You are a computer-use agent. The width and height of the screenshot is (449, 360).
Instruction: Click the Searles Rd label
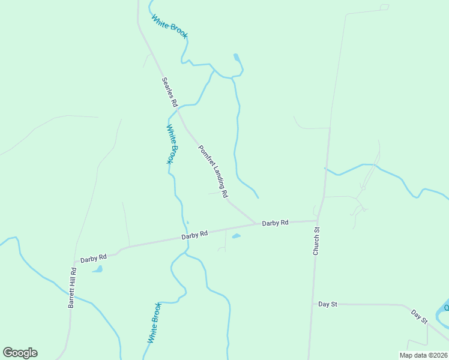point(170,92)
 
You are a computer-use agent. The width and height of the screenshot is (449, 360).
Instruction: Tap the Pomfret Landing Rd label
point(213,172)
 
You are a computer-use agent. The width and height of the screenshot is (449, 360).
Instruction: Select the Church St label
point(316,241)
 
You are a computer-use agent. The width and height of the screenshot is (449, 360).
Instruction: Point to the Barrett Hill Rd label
point(72,287)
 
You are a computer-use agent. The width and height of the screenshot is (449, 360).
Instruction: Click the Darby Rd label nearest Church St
point(275,223)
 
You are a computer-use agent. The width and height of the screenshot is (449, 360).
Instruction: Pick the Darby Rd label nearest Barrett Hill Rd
point(93,257)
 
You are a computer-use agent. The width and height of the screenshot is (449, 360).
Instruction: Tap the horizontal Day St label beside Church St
point(328,304)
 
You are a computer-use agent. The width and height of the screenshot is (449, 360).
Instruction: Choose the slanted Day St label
point(419,316)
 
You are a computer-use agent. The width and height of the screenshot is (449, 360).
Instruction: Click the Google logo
point(20,353)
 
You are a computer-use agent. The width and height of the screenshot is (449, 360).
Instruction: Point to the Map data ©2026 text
point(423,355)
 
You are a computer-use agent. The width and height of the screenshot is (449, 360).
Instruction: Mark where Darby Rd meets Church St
point(318,220)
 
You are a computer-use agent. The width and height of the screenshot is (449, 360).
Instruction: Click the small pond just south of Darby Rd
point(236,236)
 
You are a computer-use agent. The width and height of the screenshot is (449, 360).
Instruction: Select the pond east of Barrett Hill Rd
point(97,269)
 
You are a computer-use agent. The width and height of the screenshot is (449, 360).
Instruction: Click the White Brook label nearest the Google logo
point(154,322)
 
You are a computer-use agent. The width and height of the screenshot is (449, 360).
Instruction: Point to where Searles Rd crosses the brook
point(178,108)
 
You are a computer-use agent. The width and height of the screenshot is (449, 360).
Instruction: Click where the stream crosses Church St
point(325,169)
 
